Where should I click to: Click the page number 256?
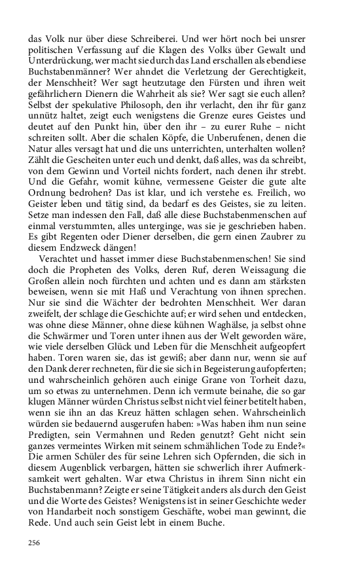pos(35,543)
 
